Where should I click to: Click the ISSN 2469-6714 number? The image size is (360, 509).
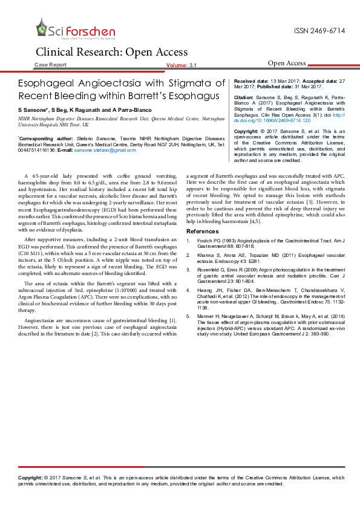[x=319, y=30]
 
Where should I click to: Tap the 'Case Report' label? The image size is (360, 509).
[x=51, y=64]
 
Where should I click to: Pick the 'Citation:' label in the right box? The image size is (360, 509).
[x=243, y=97]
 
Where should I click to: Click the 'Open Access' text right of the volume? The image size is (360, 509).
[x=287, y=63]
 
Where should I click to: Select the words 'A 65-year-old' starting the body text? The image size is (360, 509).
[x=51, y=175]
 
